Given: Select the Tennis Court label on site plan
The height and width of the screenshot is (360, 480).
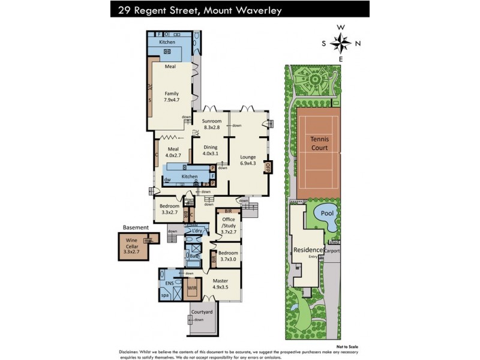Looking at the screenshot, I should pyautogui.click(x=319, y=142).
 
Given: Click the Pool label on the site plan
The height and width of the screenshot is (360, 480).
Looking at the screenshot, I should pyautogui.click(x=326, y=213).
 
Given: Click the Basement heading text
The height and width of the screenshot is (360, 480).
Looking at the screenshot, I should pyautogui.click(x=136, y=227).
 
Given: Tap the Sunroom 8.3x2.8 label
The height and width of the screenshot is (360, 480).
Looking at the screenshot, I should pyautogui.click(x=212, y=124).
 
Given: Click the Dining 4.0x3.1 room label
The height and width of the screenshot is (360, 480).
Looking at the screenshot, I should pyautogui.click(x=210, y=149).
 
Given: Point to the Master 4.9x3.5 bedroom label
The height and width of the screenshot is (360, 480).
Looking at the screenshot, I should pyautogui.click(x=220, y=284).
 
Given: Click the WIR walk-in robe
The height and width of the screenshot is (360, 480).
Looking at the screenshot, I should pyautogui.click(x=192, y=289).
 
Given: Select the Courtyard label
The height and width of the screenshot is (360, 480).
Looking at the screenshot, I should pyautogui.click(x=202, y=312).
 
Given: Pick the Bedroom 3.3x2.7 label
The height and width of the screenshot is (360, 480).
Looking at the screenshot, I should pyautogui.click(x=169, y=209).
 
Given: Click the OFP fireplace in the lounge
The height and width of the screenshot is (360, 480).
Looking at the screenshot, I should pyautogui.click(x=268, y=167).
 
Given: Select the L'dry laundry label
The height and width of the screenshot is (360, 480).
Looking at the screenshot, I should pyautogui.click(x=196, y=231).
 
